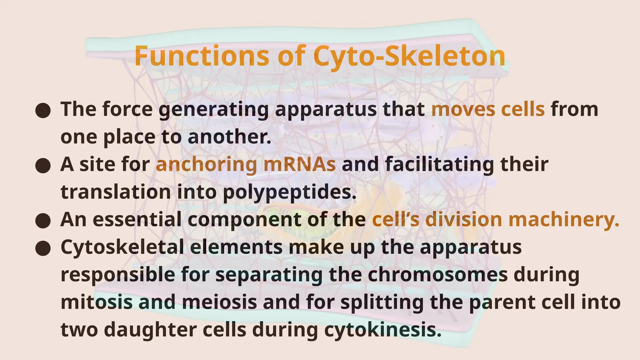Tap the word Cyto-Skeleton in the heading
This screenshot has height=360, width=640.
[x=409, y=56]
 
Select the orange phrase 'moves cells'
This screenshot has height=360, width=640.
[x=488, y=109]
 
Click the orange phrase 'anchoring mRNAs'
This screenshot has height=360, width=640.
[x=246, y=164]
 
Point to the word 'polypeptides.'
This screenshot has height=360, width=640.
[x=290, y=192]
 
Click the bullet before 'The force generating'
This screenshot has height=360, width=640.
[x=43, y=110]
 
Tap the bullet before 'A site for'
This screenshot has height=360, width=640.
[x=43, y=166]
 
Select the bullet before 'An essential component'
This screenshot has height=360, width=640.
[x=43, y=221]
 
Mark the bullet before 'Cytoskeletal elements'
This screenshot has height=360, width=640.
[x=43, y=248]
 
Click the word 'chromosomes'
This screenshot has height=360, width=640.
[x=437, y=275]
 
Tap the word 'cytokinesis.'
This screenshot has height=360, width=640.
[x=383, y=330]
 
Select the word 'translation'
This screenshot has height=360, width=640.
[x=116, y=192]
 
